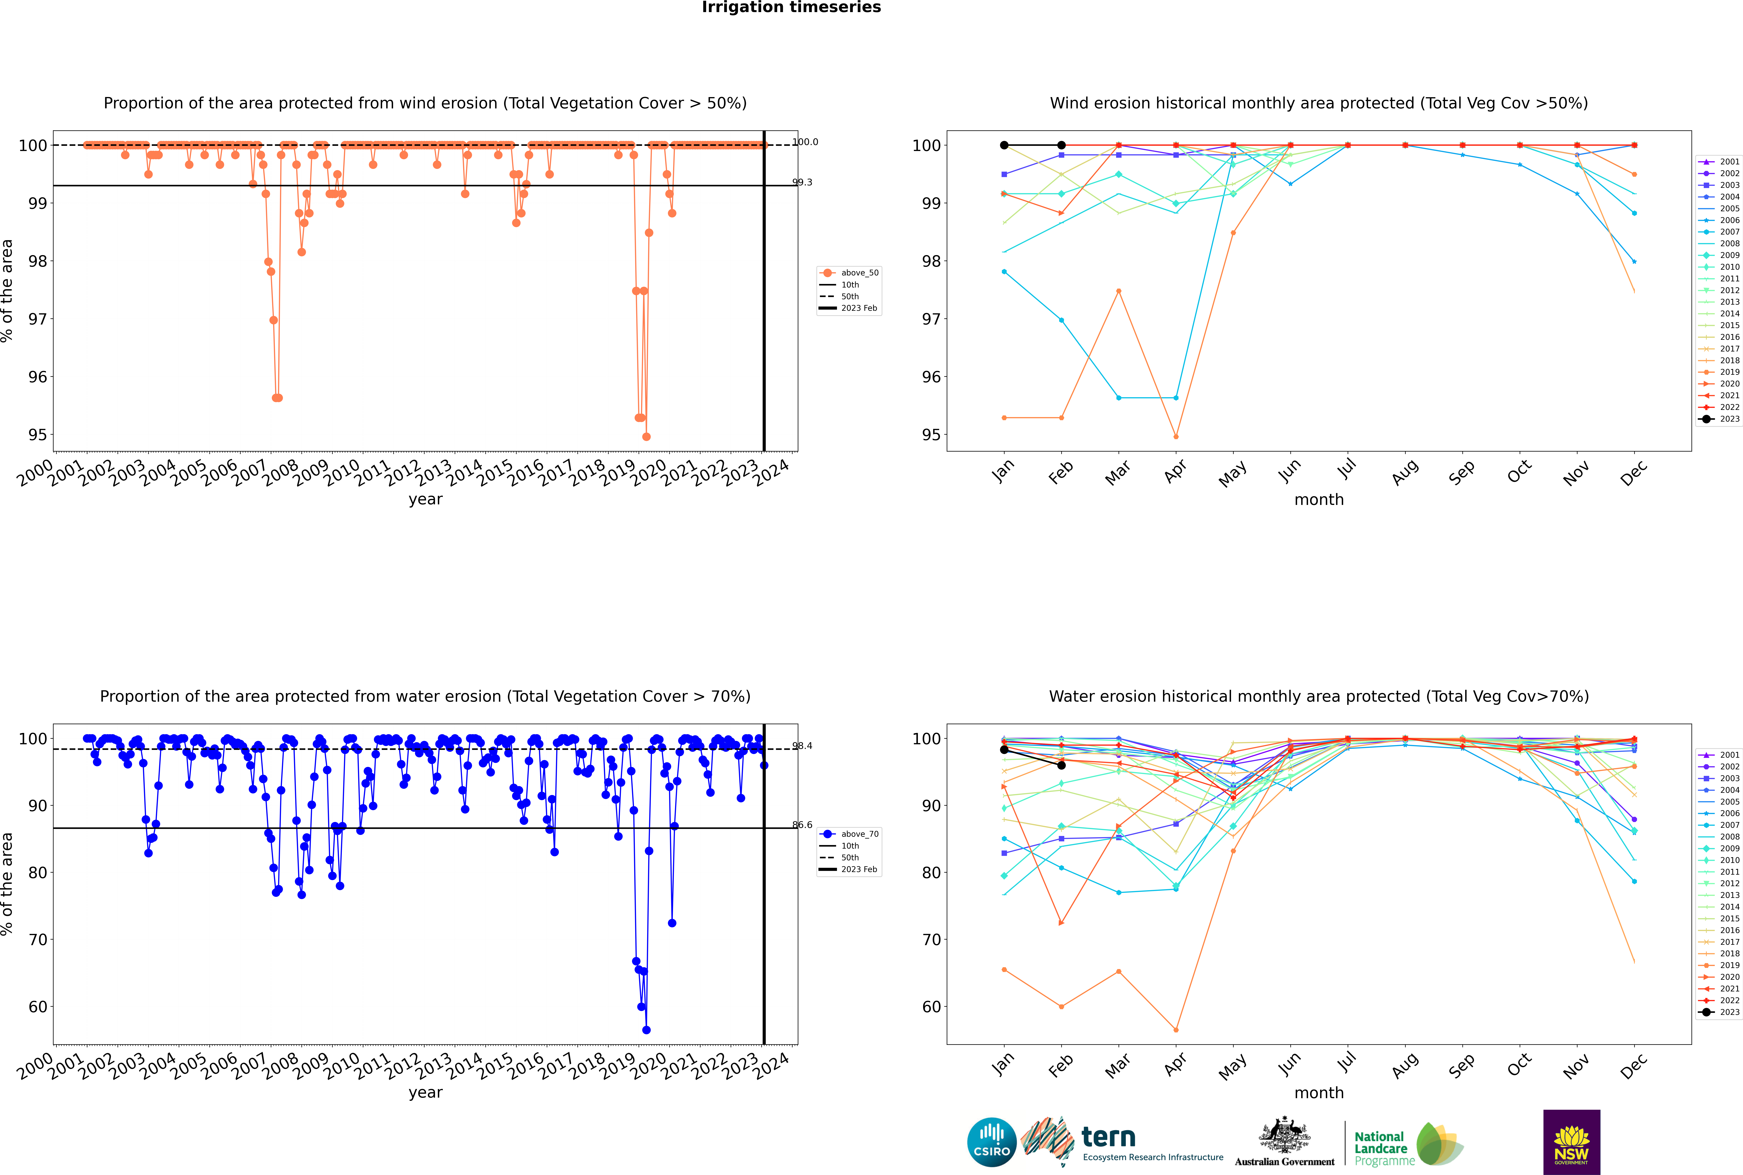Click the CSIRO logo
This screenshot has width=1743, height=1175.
coord(991,1142)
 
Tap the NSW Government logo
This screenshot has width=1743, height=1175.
coord(1571,1141)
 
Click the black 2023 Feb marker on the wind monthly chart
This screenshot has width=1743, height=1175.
coord(1061,145)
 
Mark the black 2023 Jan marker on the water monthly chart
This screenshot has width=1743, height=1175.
coord(1004,749)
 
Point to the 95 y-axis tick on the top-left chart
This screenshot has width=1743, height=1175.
coord(37,435)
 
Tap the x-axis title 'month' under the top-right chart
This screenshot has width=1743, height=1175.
coord(1319,500)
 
